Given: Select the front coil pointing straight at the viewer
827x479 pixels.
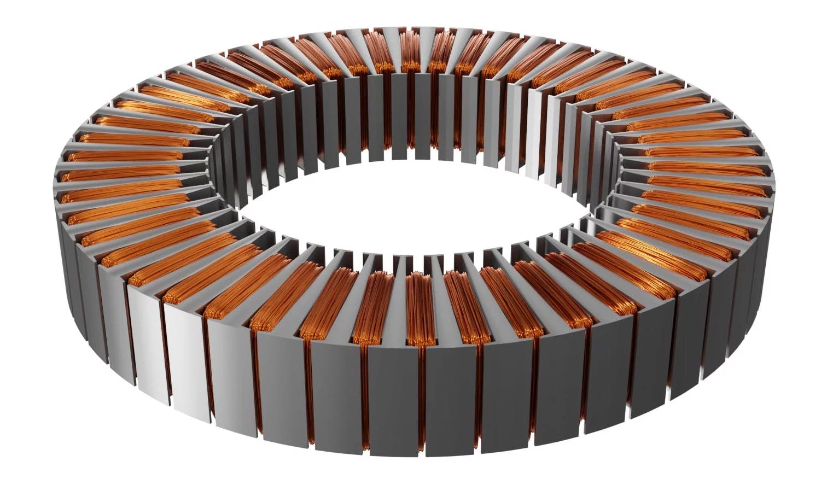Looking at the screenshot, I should click(420, 306).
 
